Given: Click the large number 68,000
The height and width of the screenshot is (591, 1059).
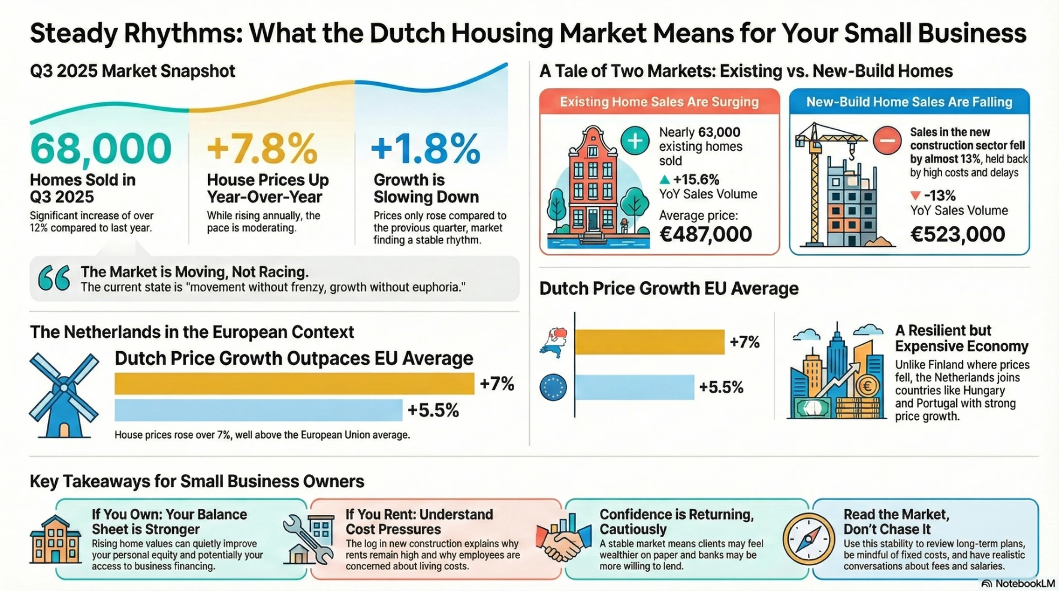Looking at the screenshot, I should point(101,149).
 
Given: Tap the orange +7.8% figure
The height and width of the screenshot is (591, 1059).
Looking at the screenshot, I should point(262,149).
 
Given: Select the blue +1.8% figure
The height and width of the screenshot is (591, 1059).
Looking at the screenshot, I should point(426,149).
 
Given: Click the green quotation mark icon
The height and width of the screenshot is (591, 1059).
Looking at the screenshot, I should point(54,279).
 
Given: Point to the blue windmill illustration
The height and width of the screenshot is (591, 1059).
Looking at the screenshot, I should point(64,394).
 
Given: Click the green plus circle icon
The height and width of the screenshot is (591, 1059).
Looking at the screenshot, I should point(635,141).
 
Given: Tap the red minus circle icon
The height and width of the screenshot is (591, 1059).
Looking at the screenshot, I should point(887,141).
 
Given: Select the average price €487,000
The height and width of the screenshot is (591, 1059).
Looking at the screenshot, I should point(705,234).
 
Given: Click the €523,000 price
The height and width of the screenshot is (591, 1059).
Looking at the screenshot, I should point(957,234).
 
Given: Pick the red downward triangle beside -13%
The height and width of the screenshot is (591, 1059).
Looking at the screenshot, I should point(915,196).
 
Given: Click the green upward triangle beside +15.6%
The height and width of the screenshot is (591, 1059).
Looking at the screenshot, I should point(664,179).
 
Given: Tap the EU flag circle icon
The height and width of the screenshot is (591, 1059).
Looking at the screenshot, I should point(553,387).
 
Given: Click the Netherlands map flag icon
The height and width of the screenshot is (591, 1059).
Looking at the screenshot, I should point(554,343).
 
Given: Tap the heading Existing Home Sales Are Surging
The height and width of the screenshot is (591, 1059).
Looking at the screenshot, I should point(659,102).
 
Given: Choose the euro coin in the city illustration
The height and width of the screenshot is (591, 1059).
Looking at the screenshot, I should point(867,387).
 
